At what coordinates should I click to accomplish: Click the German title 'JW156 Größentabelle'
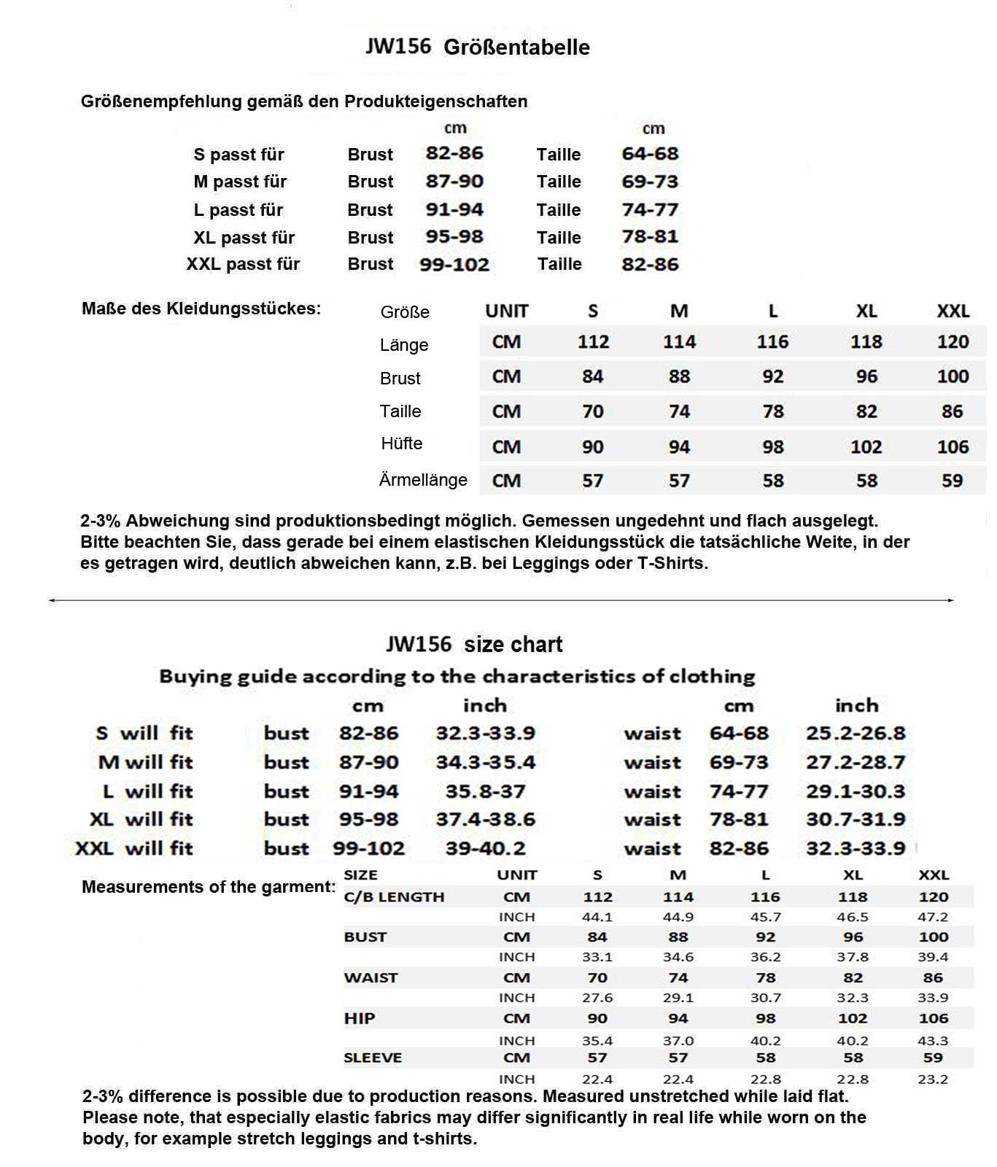(478, 47)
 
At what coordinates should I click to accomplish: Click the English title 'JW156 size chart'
(474, 645)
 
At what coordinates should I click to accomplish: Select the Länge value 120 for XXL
(953, 342)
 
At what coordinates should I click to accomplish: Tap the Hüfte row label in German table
(402, 443)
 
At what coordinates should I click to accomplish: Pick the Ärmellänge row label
(423, 480)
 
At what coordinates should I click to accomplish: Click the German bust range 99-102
(454, 265)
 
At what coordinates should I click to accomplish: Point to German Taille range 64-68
(650, 154)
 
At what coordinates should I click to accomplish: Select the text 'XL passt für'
(244, 238)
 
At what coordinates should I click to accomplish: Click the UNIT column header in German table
(506, 311)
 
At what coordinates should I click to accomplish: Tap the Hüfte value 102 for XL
(866, 447)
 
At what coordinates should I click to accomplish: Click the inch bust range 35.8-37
(485, 791)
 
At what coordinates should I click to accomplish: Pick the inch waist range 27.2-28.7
(856, 762)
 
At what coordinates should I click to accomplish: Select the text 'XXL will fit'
(134, 848)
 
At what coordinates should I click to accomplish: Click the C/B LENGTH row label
(394, 897)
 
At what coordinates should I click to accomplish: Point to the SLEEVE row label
(373, 1058)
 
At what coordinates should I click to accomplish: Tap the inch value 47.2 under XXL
(933, 917)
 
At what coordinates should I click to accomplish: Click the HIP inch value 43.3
(933, 1041)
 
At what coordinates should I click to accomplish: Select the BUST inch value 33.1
(597, 957)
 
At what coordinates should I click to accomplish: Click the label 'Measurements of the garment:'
(209, 887)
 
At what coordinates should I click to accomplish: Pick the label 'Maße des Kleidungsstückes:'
(201, 309)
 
